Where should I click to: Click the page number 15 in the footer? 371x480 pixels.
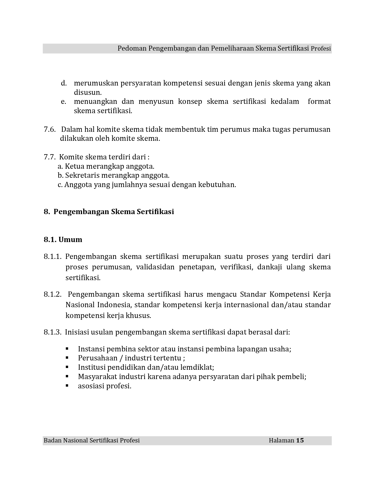click(x=300, y=440)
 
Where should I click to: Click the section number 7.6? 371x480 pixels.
click(x=49, y=129)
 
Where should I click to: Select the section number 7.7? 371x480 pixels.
click(x=49, y=157)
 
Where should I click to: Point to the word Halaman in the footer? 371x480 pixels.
click(x=281, y=440)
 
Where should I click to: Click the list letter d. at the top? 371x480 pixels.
click(x=64, y=83)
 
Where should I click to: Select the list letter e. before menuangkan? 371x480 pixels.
click(x=64, y=102)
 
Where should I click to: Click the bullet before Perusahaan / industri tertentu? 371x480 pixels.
click(x=67, y=358)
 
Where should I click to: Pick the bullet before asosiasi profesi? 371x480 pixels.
click(x=67, y=386)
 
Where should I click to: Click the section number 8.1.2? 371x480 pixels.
click(x=53, y=294)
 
